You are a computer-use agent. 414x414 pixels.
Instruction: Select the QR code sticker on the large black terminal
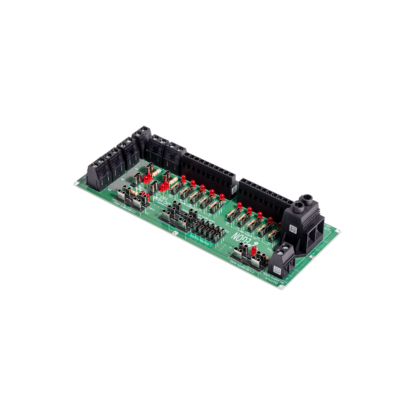click(292, 228)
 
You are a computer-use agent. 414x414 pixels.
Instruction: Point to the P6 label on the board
click(122, 180)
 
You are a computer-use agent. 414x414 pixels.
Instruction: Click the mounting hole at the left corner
click(74, 183)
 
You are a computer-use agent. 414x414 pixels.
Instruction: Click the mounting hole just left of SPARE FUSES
click(175, 234)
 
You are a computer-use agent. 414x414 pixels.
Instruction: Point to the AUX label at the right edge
click(329, 228)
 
